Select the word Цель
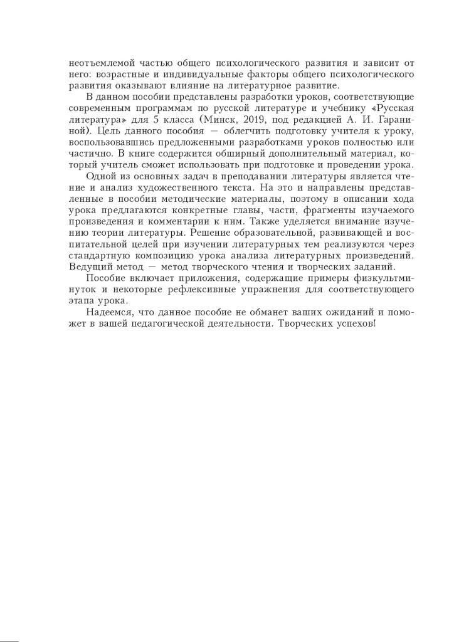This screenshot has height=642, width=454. click(104, 131)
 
